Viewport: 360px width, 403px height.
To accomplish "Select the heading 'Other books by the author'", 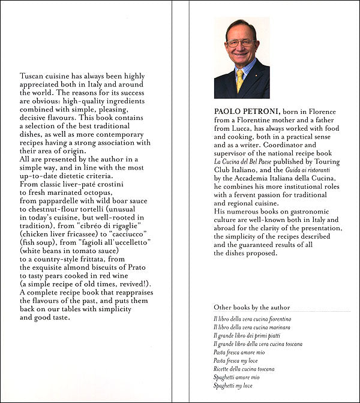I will (x=252, y=307).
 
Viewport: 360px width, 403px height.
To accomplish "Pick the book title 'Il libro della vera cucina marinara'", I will (x=253, y=327).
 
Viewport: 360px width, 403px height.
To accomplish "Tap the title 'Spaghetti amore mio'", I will (x=237, y=377).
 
